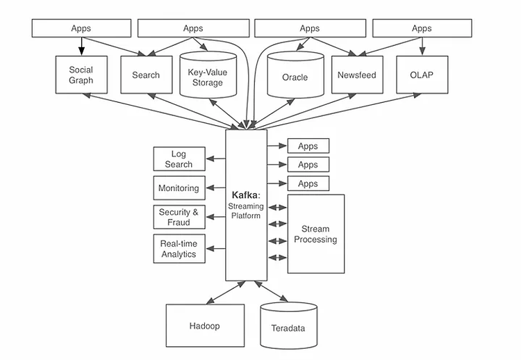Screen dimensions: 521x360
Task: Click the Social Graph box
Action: [81, 75]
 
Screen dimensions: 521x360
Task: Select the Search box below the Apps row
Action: [146, 75]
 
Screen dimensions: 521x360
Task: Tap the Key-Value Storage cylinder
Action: [208, 75]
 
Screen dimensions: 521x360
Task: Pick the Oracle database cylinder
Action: [295, 75]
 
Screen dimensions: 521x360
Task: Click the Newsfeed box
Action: [357, 75]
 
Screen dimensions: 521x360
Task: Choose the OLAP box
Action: [422, 75]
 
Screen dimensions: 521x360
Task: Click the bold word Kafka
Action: [245, 195]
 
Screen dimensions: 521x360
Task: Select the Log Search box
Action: [179, 159]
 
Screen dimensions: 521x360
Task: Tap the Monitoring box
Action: [179, 188]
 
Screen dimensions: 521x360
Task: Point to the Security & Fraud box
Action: [179, 217]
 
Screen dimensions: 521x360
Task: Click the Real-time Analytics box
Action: [179, 249]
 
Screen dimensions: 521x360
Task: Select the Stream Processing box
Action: [315, 234]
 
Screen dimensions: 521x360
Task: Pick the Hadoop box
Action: [205, 326]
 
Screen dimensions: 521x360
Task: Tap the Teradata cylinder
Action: [288, 326]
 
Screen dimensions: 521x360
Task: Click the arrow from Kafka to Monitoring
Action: [216, 188]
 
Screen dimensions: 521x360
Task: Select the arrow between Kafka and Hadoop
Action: [226, 293]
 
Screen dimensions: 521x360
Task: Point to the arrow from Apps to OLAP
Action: [422, 46]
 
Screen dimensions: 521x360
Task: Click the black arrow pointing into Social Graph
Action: [81, 46]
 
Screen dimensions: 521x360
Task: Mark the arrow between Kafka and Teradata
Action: [271, 291]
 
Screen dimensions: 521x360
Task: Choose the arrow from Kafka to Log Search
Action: [216, 158]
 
